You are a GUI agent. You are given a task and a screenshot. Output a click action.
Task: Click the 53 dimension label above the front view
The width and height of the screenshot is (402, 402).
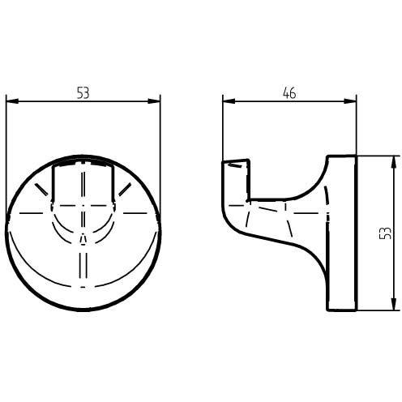click(83, 92)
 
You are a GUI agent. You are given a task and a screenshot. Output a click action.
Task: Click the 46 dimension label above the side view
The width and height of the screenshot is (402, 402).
click(289, 92)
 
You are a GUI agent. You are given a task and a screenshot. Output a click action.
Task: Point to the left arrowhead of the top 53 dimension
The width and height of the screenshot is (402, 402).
click(12, 101)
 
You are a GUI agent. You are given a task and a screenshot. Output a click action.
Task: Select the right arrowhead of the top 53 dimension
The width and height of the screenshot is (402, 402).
click(154, 101)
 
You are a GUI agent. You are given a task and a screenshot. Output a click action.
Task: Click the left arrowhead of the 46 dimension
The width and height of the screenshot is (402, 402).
click(229, 101)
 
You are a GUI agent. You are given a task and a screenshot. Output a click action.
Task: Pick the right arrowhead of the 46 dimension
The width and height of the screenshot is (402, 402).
click(350, 101)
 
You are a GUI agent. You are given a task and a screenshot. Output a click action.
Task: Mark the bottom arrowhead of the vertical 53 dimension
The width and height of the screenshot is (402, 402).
click(394, 304)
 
